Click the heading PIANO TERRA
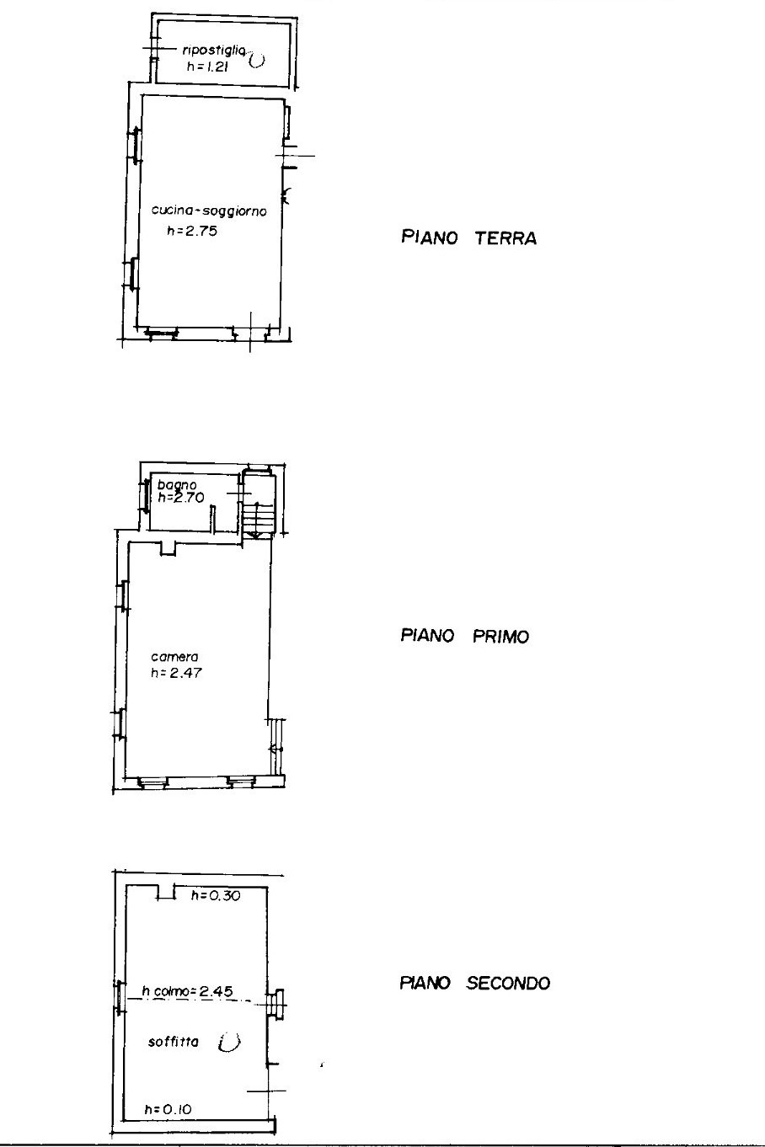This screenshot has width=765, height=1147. point(468,238)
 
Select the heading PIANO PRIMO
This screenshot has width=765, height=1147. point(465,636)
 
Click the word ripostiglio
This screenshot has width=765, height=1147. point(214,51)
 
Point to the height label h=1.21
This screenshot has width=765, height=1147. point(207,67)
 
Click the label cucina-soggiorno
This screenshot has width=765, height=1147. point(209,211)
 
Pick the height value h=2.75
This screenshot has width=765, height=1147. point(192,231)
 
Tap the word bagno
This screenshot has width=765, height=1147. point(177,484)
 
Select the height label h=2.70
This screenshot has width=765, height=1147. point(181,497)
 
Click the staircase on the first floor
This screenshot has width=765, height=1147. point(259,504)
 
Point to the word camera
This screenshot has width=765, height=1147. point(174,657)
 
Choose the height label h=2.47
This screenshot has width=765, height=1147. point(176,673)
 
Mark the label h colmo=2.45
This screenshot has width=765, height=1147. point(188,991)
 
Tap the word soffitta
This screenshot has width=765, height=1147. point(174,1042)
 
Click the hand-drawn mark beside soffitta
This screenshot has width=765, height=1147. point(229,1043)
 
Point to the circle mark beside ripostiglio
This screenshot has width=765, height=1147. point(257,61)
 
